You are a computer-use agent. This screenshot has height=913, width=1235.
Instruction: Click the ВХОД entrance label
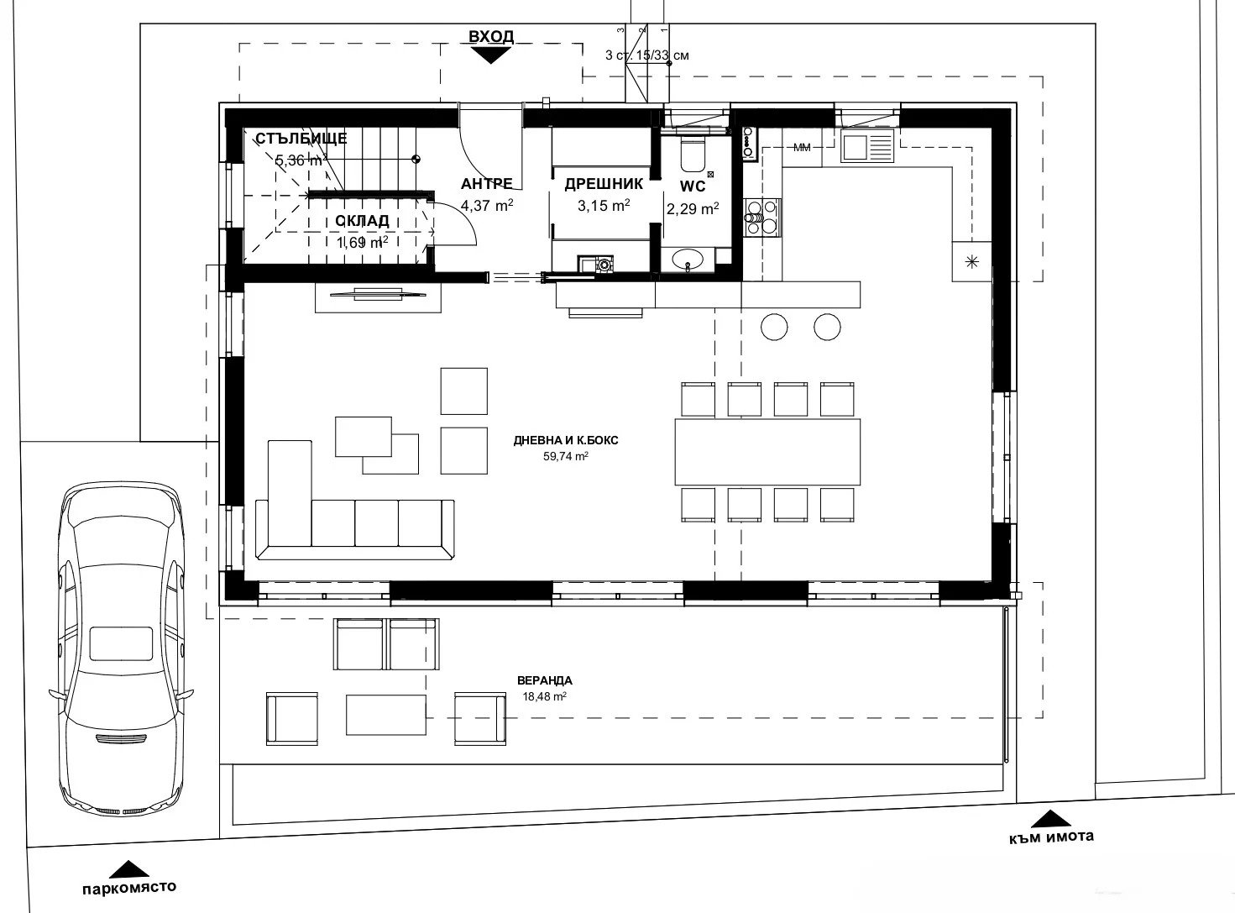click(491, 36)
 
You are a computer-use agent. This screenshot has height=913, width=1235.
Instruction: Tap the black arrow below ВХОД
click(491, 55)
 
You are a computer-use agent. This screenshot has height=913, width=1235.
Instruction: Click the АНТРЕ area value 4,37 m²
click(487, 205)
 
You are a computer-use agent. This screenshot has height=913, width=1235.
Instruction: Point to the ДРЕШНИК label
click(603, 184)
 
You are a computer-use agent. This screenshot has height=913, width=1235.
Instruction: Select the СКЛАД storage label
click(362, 221)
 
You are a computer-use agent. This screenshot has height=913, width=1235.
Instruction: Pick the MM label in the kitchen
click(802, 148)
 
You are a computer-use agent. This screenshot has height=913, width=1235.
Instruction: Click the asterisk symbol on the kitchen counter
click(972, 261)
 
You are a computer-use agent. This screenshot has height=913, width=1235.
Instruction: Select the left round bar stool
click(774, 326)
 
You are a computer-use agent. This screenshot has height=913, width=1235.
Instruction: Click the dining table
click(767, 451)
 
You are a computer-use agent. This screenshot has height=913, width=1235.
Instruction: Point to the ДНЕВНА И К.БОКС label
click(567, 440)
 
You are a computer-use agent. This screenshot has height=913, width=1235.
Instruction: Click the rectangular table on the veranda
click(387, 714)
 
